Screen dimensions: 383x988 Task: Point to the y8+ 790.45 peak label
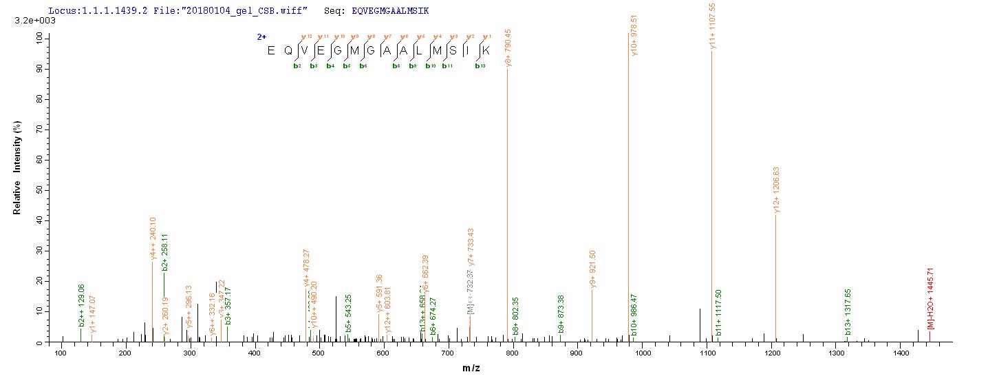[x=509, y=43]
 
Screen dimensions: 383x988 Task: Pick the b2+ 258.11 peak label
[x=165, y=251]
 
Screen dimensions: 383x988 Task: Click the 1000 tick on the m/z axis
[x=643, y=353]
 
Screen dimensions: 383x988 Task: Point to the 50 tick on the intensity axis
[x=47, y=189]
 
